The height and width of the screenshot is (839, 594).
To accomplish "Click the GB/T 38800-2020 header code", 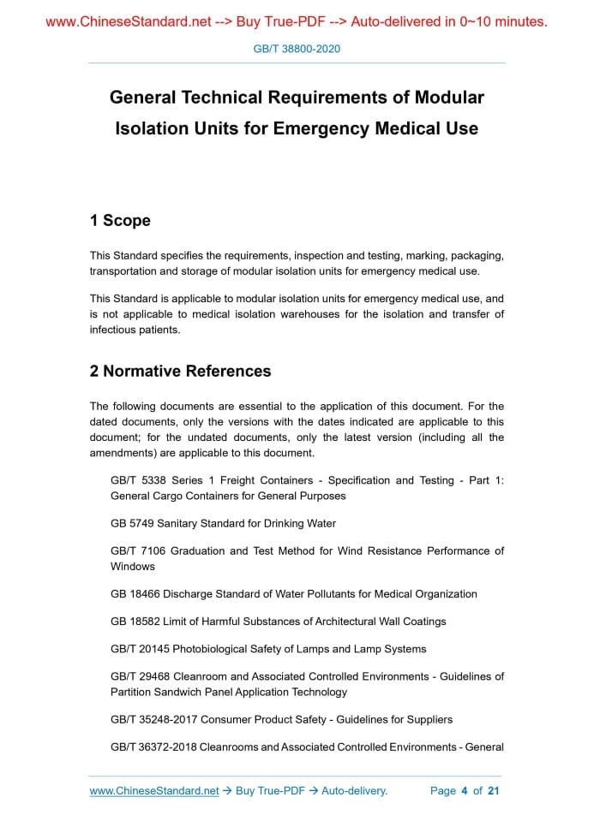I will coord(297,49).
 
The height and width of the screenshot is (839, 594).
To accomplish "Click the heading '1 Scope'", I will coord(120,221).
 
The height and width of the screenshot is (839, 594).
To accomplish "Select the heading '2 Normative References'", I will coord(180,372).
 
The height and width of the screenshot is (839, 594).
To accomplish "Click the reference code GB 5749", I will coord(133,523).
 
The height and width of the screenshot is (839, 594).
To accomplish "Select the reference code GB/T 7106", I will coord(137,551).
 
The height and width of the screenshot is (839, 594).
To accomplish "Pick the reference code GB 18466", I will coord(135,594).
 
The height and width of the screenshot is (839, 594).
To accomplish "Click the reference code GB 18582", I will coord(135,622).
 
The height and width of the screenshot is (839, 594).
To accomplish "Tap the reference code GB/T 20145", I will coord(141,649).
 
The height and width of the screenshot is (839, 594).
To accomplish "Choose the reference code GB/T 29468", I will coord(141,676).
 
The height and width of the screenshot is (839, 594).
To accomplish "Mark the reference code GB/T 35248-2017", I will coord(153,720).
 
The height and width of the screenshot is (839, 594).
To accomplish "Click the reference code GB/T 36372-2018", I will coord(153,747).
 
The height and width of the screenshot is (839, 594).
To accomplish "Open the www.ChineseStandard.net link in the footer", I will coord(154,791).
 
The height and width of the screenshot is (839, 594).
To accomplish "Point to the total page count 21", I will coord(493,791).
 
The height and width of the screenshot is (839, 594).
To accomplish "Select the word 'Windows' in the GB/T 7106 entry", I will coord(133,567).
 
